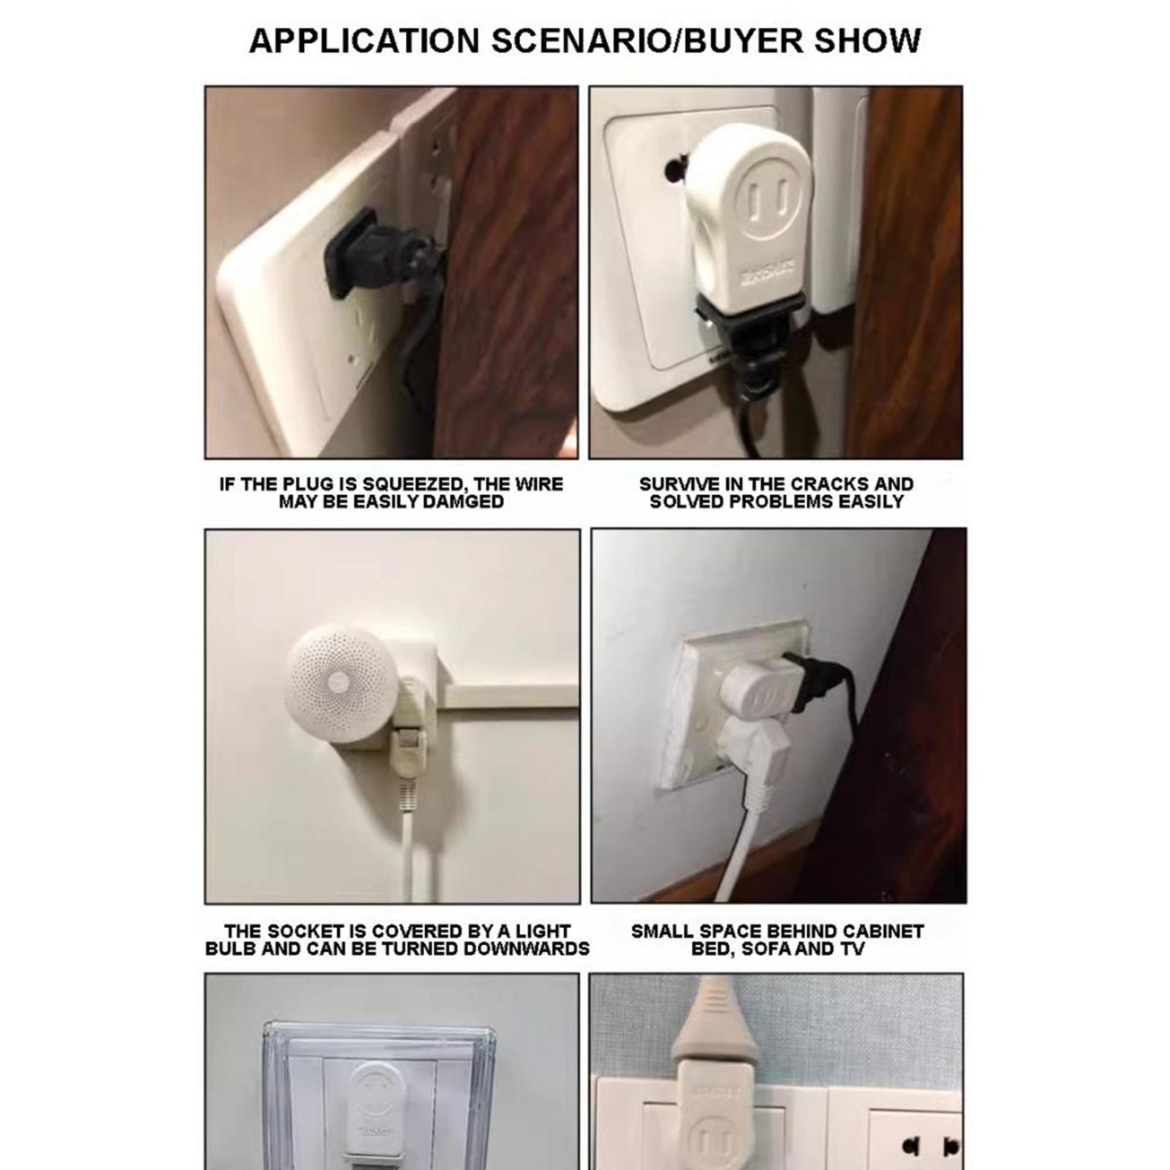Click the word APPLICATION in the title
point(363,40)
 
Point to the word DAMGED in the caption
point(464,502)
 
